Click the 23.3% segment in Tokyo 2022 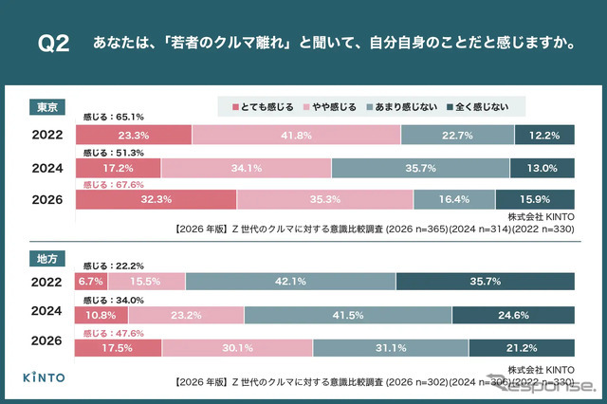(133, 136)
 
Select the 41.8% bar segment (296, 136)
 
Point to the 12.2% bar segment (544, 136)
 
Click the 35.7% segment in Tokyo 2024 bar (420, 169)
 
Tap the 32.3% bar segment (155, 200)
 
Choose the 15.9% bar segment (535, 200)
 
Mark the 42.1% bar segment (290, 281)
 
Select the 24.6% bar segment (513, 314)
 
